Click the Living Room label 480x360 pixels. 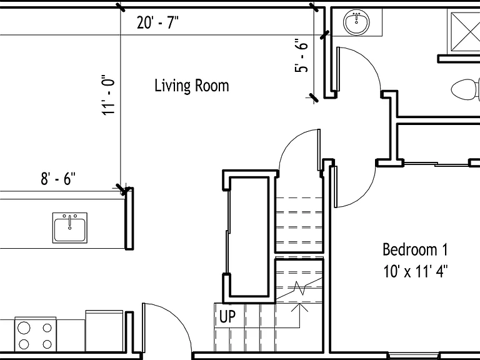pyautogui.click(x=192, y=86)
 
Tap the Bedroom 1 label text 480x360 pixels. pyautogui.click(x=415, y=249)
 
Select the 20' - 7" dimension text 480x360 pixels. pyautogui.click(x=157, y=22)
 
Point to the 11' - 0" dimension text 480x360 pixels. pyautogui.click(x=108, y=95)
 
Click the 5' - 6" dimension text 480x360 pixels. pyautogui.click(x=301, y=56)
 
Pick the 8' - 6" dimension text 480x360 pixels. pyautogui.click(x=58, y=179)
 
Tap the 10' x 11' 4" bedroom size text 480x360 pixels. pyautogui.click(x=416, y=271)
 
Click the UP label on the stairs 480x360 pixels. pyautogui.click(x=227, y=316)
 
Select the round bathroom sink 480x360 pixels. pyautogui.click(x=356, y=22)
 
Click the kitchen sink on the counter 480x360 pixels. pyautogui.click(x=70, y=228)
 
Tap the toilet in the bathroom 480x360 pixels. pyautogui.click(x=465, y=89)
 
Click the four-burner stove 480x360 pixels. pyautogui.click(x=35, y=336)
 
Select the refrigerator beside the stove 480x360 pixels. pyautogui.click(x=104, y=331)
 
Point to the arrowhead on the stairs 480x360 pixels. pyautogui.click(x=299, y=307)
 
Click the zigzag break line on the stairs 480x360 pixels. pyautogui.click(x=299, y=288)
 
